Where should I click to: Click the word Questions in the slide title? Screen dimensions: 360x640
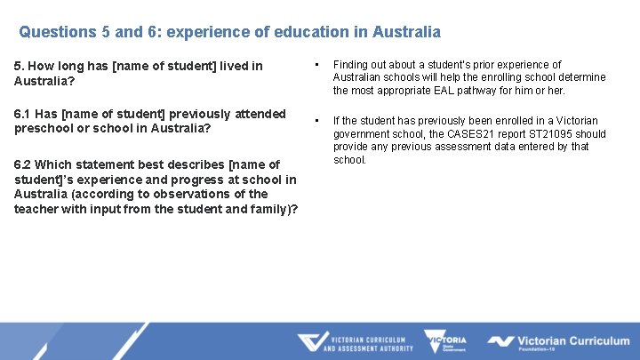pos(58,32)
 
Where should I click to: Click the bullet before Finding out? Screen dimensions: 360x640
pos(316,65)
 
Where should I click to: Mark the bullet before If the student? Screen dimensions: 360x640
pos(316,121)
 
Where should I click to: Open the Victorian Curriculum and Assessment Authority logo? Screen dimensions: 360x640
pos(356,342)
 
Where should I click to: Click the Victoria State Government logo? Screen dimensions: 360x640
pos(445,342)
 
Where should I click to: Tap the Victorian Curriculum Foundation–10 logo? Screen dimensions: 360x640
pos(558,342)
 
